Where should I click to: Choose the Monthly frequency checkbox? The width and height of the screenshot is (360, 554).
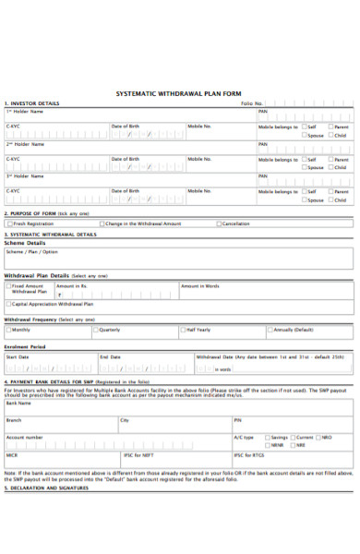(x=9, y=330)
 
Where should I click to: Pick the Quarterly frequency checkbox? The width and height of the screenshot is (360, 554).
(x=96, y=330)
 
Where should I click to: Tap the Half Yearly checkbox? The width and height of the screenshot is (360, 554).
(x=185, y=330)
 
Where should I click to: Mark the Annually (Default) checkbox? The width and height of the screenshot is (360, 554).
(x=271, y=330)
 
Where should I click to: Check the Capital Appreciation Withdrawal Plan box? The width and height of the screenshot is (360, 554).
(x=9, y=303)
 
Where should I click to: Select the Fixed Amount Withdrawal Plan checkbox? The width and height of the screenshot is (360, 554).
(x=9, y=286)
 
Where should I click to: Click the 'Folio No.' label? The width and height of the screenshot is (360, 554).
(x=252, y=103)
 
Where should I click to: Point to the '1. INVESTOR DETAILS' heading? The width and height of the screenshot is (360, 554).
(x=32, y=103)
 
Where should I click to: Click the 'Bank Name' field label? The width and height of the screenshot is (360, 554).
(x=18, y=403)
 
